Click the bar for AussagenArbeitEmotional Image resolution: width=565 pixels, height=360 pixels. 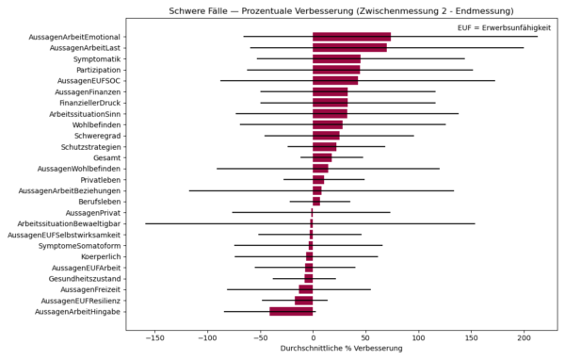(x=351, y=37)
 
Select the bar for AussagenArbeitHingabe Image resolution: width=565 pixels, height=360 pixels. (x=291, y=311)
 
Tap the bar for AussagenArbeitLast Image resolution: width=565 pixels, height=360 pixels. (x=349, y=47)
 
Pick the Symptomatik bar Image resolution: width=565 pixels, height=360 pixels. (x=336, y=58)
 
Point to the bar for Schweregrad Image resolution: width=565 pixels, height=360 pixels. (x=326, y=135)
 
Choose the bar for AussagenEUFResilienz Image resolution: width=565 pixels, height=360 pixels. (x=304, y=300)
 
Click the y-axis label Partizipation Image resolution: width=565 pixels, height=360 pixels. (x=96, y=70)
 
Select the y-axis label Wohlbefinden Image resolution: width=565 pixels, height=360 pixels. (x=96, y=124)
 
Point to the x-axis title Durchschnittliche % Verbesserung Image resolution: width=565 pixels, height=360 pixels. (x=338, y=349)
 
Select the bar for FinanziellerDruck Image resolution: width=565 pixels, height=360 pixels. (x=330, y=102)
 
